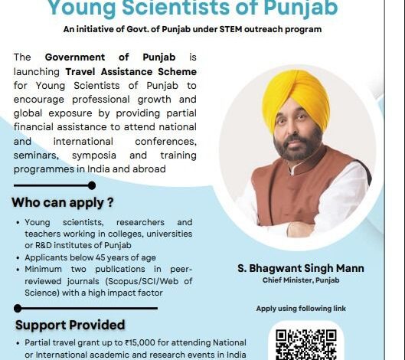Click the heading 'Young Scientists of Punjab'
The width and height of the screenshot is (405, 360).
[202, 8]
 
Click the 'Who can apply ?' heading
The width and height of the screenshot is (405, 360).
[63, 204]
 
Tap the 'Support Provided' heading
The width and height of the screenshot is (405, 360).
[70, 324]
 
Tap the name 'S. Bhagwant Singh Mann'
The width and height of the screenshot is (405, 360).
[301, 268]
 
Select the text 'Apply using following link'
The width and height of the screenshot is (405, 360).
[301, 309]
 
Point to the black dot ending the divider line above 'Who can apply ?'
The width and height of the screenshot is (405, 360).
[92, 185]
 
